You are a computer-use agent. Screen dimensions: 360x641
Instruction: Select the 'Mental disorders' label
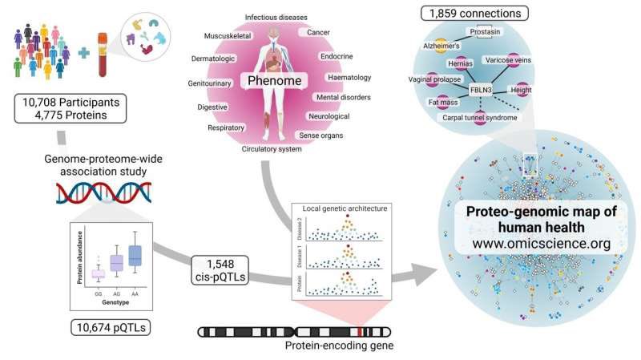pyautogui.click(x=341, y=97)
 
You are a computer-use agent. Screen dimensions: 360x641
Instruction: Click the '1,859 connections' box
pyautogui.click(x=475, y=13)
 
